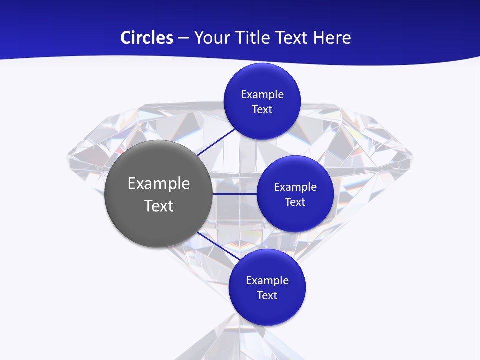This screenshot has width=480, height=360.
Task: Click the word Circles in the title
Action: point(146,38)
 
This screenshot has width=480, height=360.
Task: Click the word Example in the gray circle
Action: point(159,184)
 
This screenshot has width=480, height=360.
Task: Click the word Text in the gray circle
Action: point(159,206)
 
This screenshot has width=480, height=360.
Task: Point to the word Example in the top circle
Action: point(262,94)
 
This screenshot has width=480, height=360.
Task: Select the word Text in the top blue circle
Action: point(262,109)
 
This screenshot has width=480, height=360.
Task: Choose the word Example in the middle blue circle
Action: point(295,187)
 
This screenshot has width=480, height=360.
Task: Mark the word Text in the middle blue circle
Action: point(295,202)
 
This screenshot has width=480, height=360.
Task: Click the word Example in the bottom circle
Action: point(267,280)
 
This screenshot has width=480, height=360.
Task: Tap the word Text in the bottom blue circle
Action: point(267,295)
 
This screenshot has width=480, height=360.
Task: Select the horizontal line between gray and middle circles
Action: point(235,194)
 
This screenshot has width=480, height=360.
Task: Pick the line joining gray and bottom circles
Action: point(216,245)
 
